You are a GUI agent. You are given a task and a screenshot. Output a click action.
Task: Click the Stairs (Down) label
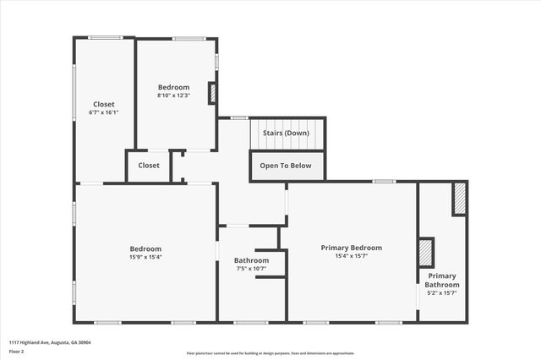coord(285,134)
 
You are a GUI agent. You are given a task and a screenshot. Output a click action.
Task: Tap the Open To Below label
coord(285,166)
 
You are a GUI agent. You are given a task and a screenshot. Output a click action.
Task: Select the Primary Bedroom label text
coord(351,248)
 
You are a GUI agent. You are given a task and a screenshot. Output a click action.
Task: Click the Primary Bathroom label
coord(442,281)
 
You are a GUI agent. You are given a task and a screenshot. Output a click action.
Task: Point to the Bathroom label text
coord(251,260)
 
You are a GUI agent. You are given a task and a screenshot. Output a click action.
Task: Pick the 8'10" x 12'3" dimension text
coord(173,95)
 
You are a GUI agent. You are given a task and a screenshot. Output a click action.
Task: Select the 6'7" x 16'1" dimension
coord(103,112)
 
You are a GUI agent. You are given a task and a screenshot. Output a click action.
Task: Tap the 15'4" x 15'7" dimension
coord(351,256)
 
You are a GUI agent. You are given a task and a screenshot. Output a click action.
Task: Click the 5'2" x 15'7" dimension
coord(442,293)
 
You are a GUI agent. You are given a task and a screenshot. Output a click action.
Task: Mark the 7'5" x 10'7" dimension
coord(251,269)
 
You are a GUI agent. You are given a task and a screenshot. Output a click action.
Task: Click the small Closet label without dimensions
coord(149,166)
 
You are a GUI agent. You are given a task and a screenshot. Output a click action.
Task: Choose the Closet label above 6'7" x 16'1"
coord(103,104)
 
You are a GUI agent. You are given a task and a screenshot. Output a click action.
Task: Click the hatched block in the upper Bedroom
coord(212,93)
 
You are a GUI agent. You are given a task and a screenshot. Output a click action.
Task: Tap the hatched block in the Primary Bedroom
coord(426,253)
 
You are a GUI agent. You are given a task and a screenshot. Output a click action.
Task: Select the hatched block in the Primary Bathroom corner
coord(459,199)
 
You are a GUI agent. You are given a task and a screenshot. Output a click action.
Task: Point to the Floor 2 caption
coord(17,350)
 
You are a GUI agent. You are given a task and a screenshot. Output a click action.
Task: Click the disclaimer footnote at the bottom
coord(270,352)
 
